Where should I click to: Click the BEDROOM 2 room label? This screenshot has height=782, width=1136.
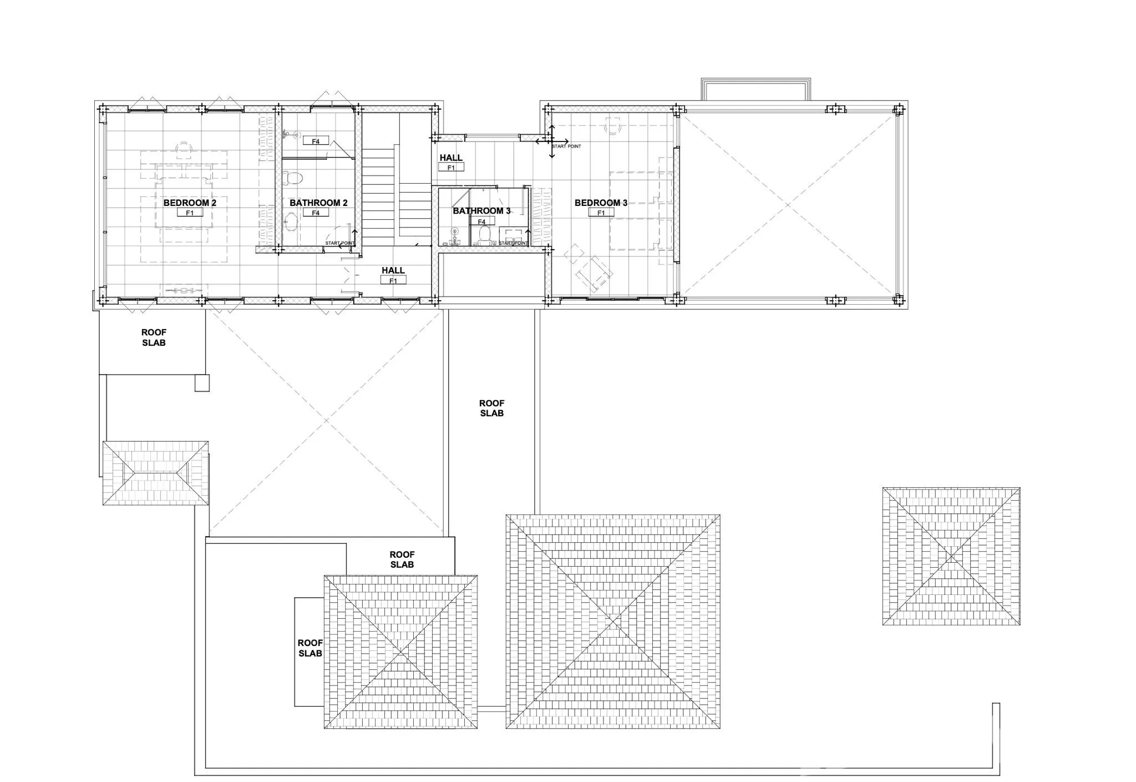coord(190,203)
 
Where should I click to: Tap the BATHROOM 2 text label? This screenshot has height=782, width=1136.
coord(318,203)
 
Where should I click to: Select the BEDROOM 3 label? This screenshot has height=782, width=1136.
coord(601,203)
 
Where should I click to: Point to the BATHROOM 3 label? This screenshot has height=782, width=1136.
coord(481,211)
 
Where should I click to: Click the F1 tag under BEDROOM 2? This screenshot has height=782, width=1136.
coord(190,213)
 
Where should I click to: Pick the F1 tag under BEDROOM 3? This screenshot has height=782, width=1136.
coord(601,213)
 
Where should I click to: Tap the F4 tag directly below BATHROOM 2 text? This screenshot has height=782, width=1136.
coord(316,213)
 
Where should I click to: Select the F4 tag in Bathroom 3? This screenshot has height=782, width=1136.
coord(481,222)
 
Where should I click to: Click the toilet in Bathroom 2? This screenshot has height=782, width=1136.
coord(292,178)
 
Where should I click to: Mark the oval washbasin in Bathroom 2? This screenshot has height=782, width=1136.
coord(290,224)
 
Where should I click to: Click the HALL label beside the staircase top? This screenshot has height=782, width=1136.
coord(451,158)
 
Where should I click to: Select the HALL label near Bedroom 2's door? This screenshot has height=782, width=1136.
coord(393,271)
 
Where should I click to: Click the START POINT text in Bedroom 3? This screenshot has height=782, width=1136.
coord(566,147)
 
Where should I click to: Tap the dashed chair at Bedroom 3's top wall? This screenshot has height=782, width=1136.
coord(613,126)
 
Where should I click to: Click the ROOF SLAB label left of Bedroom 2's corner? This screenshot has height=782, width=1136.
coord(154,337)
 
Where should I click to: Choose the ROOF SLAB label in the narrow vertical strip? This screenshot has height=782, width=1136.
coord(491,408)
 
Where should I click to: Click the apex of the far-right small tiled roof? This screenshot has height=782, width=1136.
coord(951,556)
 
